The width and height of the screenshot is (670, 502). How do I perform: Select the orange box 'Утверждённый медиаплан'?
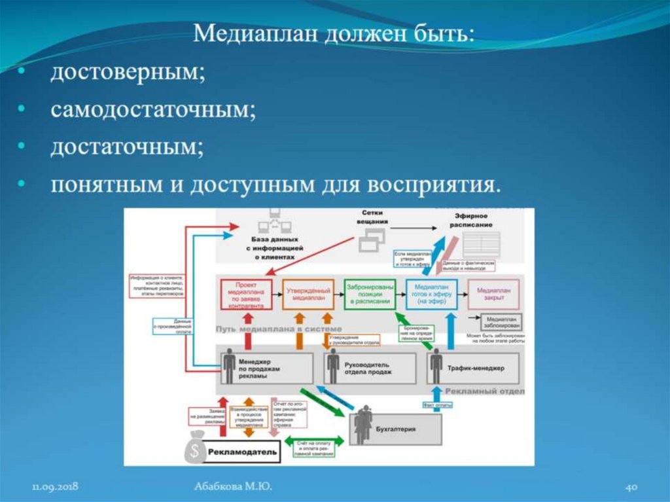click(308, 294)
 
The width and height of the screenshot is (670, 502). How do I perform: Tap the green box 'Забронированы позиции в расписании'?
click(370, 294)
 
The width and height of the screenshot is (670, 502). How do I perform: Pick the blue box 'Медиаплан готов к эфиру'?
click(431, 294)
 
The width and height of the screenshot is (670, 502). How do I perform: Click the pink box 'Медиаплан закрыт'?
click(493, 294)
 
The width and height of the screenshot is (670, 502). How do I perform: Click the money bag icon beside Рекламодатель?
click(194, 448)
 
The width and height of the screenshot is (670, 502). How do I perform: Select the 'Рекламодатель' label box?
click(243, 452)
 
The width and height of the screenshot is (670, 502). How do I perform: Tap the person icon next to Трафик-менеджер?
click(436, 367)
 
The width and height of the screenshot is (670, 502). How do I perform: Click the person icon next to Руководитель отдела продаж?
click(333, 367)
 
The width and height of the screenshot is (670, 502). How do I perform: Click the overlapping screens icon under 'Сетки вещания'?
click(371, 243)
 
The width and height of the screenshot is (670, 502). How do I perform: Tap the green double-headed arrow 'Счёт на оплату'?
click(315, 442)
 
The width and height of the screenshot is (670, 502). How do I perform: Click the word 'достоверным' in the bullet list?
click(128, 73)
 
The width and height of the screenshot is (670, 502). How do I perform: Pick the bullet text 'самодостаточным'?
click(153, 109)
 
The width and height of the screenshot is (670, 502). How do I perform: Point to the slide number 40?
click(631, 487)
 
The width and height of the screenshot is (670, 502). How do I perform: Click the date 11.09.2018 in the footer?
click(56, 487)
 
